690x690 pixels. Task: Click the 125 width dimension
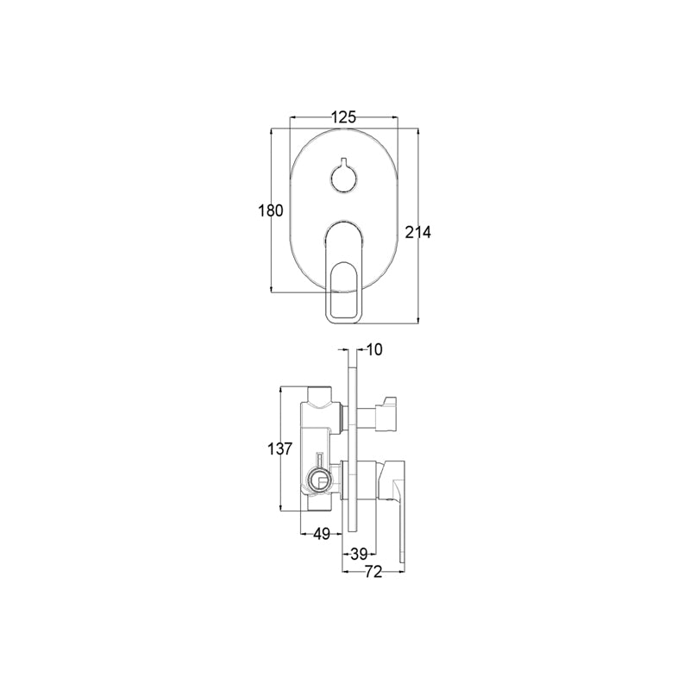(343, 117)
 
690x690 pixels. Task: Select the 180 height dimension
(270, 210)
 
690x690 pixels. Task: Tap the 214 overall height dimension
(418, 232)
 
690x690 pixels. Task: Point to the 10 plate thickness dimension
(374, 350)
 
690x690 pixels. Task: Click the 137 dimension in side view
(279, 449)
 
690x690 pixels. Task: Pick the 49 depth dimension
(322, 534)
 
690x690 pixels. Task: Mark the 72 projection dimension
(373, 573)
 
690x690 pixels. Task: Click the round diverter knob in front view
(344, 177)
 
